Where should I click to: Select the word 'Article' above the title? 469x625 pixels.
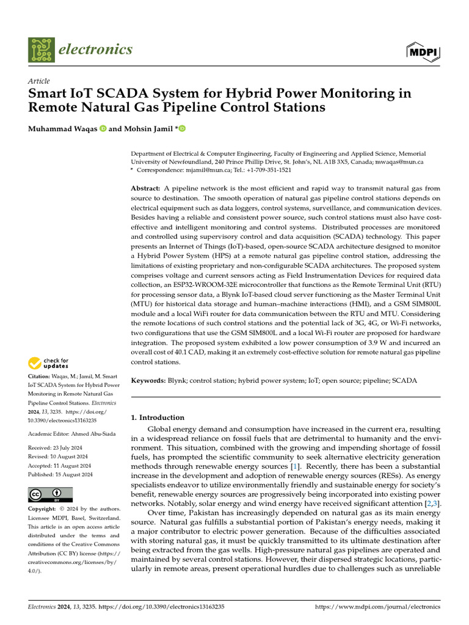(39, 81)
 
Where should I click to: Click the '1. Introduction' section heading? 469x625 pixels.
(158, 417)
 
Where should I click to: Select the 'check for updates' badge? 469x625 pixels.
(49, 364)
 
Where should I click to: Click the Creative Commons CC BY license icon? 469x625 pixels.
(51, 494)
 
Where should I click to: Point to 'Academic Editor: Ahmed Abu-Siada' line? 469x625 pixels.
(67, 433)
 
